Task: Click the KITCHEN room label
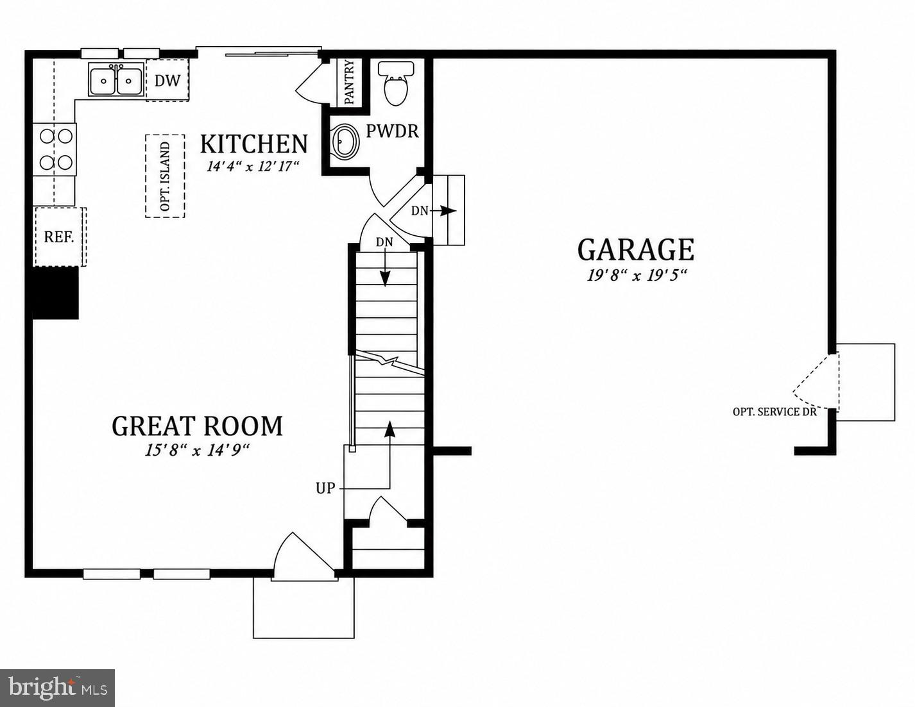coord(253,144)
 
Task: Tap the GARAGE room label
coord(635,250)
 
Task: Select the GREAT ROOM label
coord(197,426)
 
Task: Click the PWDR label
coord(392,131)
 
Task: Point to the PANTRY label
coord(350,82)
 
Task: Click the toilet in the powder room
coord(396,83)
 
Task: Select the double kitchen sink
coord(116,79)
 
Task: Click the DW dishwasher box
coord(167,80)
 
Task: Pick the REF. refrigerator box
coord(60,237)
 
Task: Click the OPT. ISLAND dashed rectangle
coord(165,176)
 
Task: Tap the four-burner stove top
coord(55,149)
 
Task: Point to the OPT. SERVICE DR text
coord(774,412)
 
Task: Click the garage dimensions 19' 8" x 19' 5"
coord(637,276)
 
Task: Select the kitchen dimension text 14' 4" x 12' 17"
coord(253,166)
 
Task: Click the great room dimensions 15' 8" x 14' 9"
coord(197,451)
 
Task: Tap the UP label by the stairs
coord(325,488)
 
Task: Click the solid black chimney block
coord(56,293)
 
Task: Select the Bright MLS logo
coord(57,688)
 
